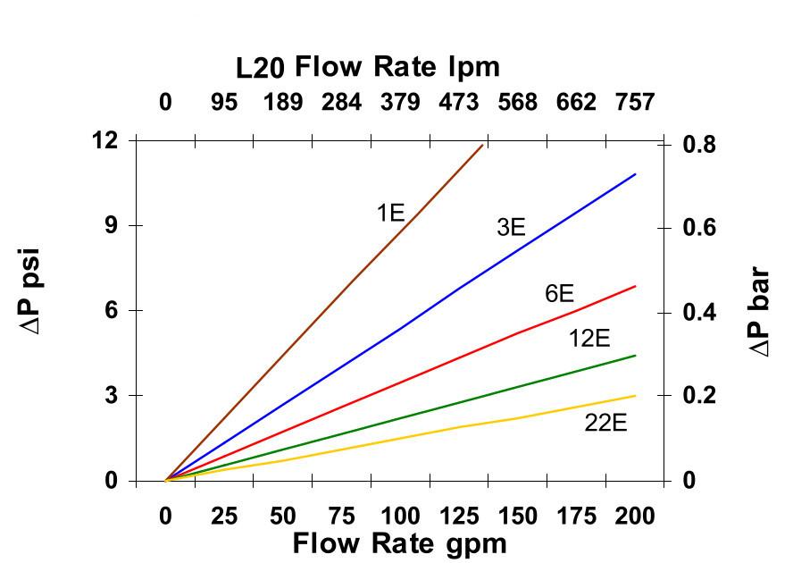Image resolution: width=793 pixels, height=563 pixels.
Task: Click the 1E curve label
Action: (x=390, y=213)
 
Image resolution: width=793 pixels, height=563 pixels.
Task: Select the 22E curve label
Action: (x=605, y=423)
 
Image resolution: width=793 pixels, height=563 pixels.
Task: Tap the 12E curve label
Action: (x=589, y=339)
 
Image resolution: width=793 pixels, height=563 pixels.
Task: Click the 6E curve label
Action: (x=559, y=293)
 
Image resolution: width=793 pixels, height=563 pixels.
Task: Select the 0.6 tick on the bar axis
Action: (x=700, y=227)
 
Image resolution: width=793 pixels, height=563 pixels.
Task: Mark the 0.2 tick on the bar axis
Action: (x=700, y=396)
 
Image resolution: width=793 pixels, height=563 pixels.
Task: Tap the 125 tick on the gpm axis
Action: (x=459, y=517)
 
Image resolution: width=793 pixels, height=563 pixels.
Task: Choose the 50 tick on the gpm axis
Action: (x=283, y=517)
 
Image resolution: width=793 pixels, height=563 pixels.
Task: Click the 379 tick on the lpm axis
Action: (x=400, y=103)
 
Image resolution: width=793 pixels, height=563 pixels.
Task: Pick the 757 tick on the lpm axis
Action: (x=635, y=103)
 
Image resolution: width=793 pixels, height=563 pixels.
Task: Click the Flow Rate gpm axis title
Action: (x=399, y=543)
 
